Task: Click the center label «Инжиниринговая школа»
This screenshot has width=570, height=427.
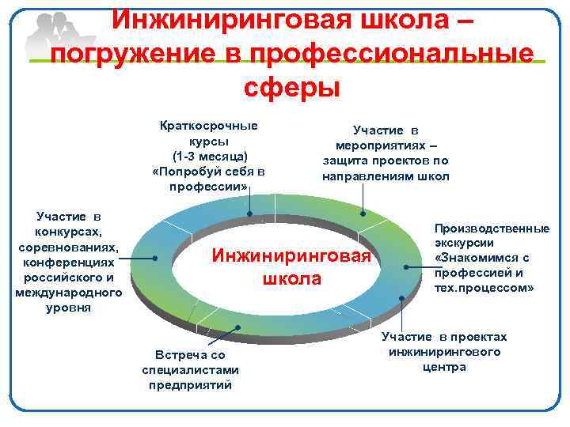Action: [294, 267]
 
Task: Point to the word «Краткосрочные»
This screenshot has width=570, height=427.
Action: [209, 126]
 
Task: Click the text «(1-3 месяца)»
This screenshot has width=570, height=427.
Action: [209, 157]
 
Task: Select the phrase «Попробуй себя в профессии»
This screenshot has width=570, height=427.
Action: [209, 179]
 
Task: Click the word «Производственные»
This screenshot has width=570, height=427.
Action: [492, 229]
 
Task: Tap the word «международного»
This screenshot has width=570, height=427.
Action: [68, 293]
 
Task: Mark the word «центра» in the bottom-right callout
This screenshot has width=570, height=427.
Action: [444, 367]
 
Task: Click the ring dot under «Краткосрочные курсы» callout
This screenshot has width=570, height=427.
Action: [249, 214]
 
